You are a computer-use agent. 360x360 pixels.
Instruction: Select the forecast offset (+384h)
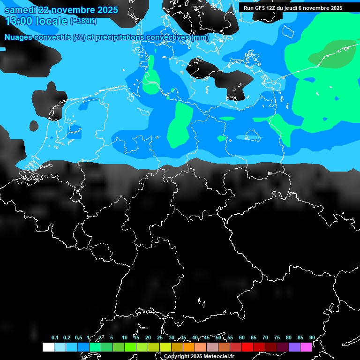click(x=83, y=21)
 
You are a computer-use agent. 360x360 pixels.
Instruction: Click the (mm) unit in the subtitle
click(x=200, y=37)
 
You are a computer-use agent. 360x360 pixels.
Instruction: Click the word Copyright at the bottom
click(x=177, y=357)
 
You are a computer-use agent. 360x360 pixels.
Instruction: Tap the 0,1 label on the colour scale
click(x=55, y=338)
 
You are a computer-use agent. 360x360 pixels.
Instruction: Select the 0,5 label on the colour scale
click(x=78, y=338)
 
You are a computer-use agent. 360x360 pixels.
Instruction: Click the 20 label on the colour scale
click(x=148, y=338)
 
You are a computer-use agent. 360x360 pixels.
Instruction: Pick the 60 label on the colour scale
click(x=242, y=338)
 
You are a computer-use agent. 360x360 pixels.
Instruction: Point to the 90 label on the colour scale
click(x=312, y=338)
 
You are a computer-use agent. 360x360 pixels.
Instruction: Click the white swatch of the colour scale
click(x=48, y=347)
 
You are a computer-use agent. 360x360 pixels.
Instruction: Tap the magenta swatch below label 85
click(x=306, y=347)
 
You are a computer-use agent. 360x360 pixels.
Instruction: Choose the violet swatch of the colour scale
click(x=294, y=347)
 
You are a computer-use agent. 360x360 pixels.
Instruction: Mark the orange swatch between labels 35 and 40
click(x=189, y=347)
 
